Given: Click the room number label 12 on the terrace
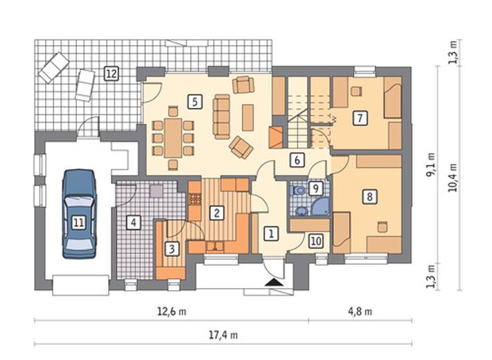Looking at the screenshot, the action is coord(112,73).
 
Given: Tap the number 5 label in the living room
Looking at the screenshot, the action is coord(195,102).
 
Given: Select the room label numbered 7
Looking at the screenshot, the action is coord(360,118).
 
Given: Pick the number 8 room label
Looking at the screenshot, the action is coord(369,197).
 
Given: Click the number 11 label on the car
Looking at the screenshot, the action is coord(78,223).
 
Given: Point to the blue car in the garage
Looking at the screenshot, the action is coord(79,214).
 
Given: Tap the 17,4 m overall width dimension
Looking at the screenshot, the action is coord(223,335).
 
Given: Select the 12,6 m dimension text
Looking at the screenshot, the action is coord(171,312).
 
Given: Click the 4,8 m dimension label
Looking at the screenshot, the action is coord(360,312).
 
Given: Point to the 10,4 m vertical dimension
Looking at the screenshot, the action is coord(454,177).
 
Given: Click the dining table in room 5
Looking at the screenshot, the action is coord(173,138).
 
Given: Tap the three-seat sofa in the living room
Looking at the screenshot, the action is coord(222,116).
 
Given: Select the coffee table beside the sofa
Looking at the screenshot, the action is coord(248,118).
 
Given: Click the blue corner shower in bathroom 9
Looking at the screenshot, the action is coord(321,207).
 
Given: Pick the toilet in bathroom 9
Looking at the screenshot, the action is coord(299,190).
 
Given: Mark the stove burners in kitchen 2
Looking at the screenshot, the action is coord(195,199).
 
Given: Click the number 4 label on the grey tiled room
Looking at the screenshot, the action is coord(133,223).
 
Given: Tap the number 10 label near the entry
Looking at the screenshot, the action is coord(316,241).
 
